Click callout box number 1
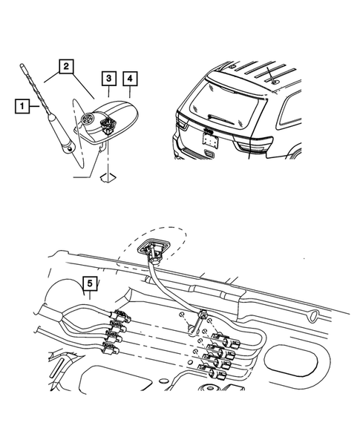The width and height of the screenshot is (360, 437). coord(22,106)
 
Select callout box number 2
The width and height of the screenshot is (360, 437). coord(66,66)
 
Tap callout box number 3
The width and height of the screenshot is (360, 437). coord(109,79)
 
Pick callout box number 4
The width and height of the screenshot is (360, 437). coord(130,79)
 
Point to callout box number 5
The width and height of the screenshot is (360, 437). coord(90,283)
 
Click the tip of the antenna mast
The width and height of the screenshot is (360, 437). coord(22,65)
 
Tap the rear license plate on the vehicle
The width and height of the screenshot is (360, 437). coord(210,139)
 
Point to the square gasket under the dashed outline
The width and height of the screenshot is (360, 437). coord(152,247)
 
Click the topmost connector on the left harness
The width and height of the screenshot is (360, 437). coord(121,316)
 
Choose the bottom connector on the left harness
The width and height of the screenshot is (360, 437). coord(111,347)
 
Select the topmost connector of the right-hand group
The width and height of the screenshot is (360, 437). coord(226,341)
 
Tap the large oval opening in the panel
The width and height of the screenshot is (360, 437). coord(291,359)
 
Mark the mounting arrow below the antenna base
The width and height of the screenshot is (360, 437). coord(108,177)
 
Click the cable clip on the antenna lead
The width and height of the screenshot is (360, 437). coord(202,315)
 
